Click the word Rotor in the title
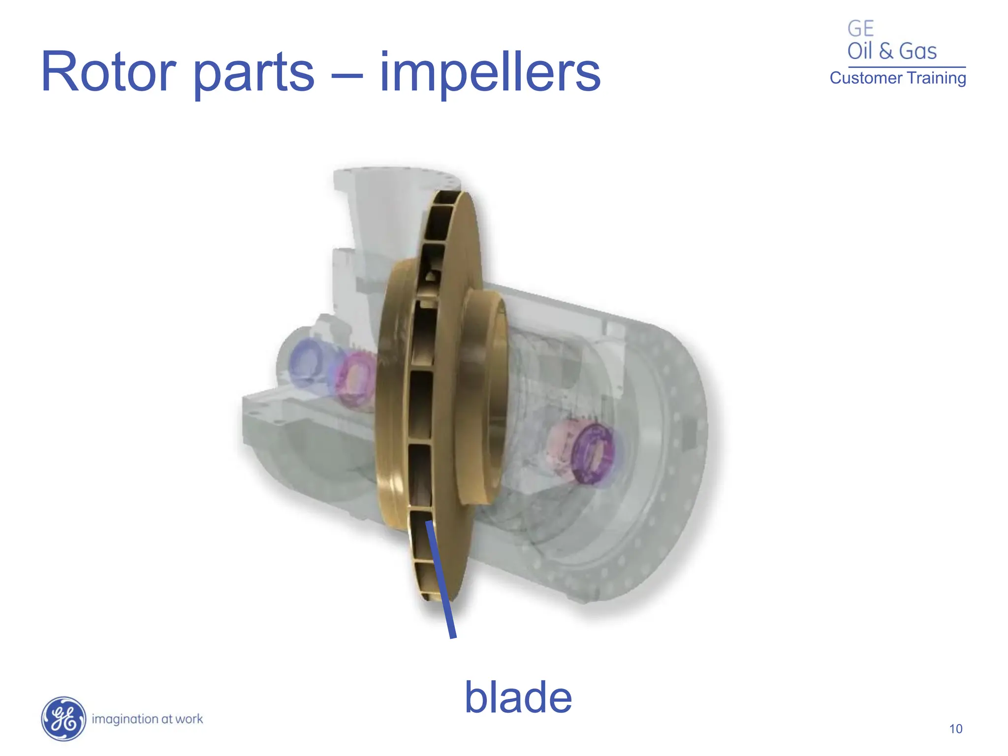pos(108,72)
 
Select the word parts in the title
pos(253,74)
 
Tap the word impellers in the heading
pos(490,74)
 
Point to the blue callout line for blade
pos(441,581)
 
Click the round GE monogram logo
pos(63,719)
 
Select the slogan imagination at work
pos(147,719)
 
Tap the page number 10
pos(955,729)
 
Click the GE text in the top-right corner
pos(860,29)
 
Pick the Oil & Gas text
pos(892,51)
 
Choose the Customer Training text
pos(898,78)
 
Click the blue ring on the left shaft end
pos(307,363)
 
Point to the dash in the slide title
pos(346,76)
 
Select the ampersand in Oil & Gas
pos(886,51)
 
